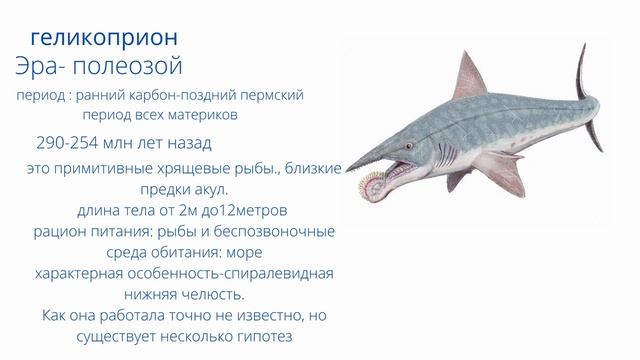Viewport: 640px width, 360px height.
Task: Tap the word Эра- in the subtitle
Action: pos(44,67)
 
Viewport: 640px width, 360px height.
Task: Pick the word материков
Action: pos(204,114)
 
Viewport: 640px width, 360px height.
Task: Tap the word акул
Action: pos(206,189)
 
